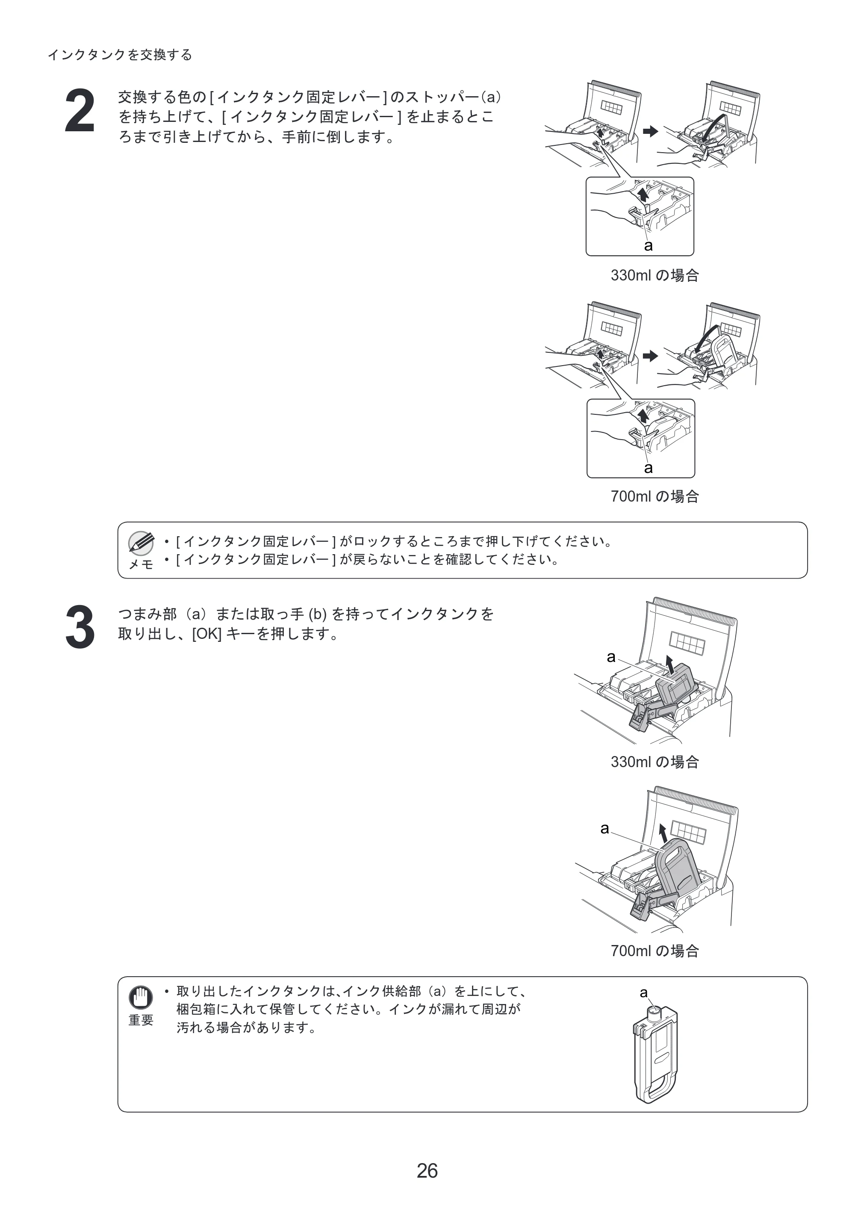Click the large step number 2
80,111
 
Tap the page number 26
427,1171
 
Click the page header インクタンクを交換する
120,55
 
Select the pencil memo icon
141,543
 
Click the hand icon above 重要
141,997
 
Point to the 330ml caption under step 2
655,275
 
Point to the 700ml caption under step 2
655,496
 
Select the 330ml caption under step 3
655,762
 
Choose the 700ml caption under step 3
655,951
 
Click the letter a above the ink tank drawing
643,992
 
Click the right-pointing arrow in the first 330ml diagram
651,131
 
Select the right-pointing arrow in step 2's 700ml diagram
651,356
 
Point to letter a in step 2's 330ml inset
649,245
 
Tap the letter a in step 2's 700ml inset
649,468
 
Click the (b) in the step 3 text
318,614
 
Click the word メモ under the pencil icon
141,564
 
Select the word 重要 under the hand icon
141,1020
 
